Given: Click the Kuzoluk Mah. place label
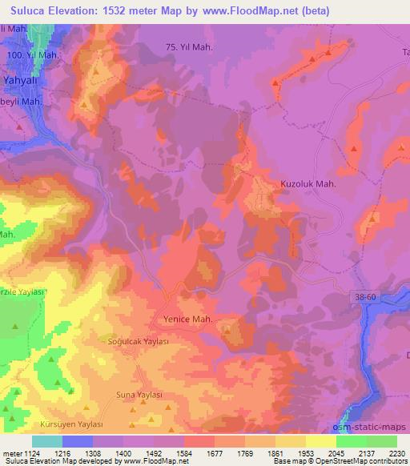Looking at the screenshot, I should [x=307, y=183].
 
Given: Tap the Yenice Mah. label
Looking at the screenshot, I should [x=187, y=318].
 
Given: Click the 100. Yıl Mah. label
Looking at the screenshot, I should [x=32, y=54].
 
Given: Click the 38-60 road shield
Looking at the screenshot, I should [x=365, y=296].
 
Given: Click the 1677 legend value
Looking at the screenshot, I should [x=215, y=452].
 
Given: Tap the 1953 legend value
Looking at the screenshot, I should [x=306, y=452].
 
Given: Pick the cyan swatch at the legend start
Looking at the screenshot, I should [x=47, y=441].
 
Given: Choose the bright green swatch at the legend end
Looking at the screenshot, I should [x=382, y=441].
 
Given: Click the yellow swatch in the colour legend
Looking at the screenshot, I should [x=321, y=441].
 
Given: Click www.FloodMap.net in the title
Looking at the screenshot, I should [x=250, y=11].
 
